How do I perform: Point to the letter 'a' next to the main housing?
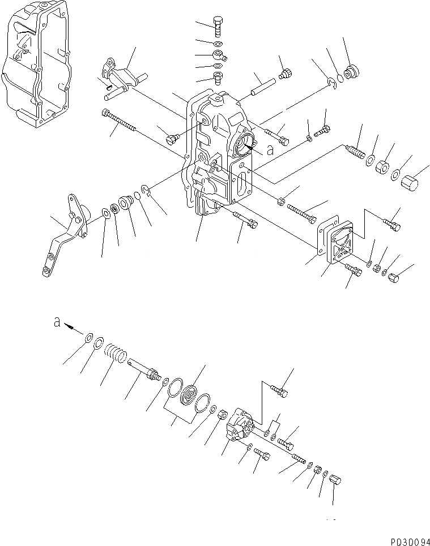pos(270,151)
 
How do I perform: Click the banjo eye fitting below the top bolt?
pos(219,55)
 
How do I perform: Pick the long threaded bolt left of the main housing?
pos(118,121)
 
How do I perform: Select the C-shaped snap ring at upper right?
pos(334,83)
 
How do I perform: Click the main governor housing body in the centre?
pos(218,153)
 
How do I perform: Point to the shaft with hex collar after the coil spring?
pos(144,371)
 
